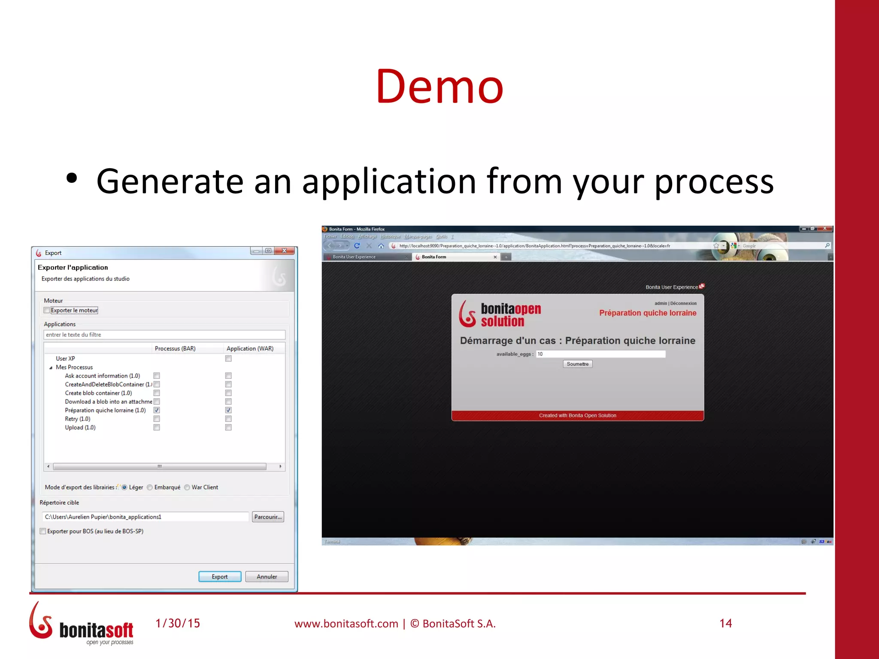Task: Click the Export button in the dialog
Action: tap(219, 577)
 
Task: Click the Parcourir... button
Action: tap(268, 517)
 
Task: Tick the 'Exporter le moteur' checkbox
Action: tap(47, 310)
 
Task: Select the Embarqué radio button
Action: tap(150, 487)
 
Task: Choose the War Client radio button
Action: tap(187, 487)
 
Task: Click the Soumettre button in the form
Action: tap(577, 364)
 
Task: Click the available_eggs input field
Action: tap(600, 354)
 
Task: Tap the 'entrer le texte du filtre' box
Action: tap(164, 335)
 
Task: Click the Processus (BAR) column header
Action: tap(175, 348)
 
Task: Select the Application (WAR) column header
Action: tap(250, 348)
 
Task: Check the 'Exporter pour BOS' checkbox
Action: tap(43, 531)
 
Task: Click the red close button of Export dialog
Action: tap(284, 251)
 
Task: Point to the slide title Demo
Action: tap(439, 87)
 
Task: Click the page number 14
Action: tap(725, 623)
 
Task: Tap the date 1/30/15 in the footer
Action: tap(178, 623)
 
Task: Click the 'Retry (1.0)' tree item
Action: tap(78, 419)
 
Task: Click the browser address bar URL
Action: tap(534, 246)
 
